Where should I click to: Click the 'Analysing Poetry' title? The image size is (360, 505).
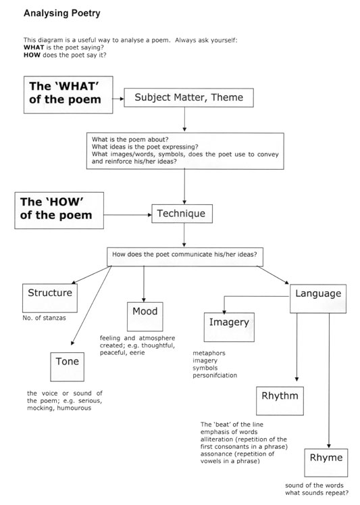(62, 14)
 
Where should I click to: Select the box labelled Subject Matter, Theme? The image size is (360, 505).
(189, 97)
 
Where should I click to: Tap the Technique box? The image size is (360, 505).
(182, 214)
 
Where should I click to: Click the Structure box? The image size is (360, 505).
(50, 298)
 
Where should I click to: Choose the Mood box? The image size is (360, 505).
(145, 316)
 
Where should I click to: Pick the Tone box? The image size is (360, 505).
(68, 367)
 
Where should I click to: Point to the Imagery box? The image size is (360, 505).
(229, 327)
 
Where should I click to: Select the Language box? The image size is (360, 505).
(318, 299)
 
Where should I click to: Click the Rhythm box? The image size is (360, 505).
(280, 401)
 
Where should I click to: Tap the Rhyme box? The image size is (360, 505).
(326, 463)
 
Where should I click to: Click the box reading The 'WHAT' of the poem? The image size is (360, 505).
(68, 95)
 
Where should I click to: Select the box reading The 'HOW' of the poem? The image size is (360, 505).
(59, 211)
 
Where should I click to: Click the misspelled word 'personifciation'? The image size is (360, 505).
(215, 375)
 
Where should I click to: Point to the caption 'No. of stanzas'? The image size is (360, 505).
(44, 318)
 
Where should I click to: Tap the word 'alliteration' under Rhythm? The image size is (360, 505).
(216, 439)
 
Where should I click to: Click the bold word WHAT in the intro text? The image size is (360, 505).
(34, 47)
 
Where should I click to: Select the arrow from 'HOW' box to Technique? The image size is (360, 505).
(128, 215)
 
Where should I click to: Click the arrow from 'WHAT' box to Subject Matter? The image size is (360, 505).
(118, 99)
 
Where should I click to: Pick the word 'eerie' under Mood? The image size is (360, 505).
(137, 353)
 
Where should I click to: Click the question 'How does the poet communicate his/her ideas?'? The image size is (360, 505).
(184, 254)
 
